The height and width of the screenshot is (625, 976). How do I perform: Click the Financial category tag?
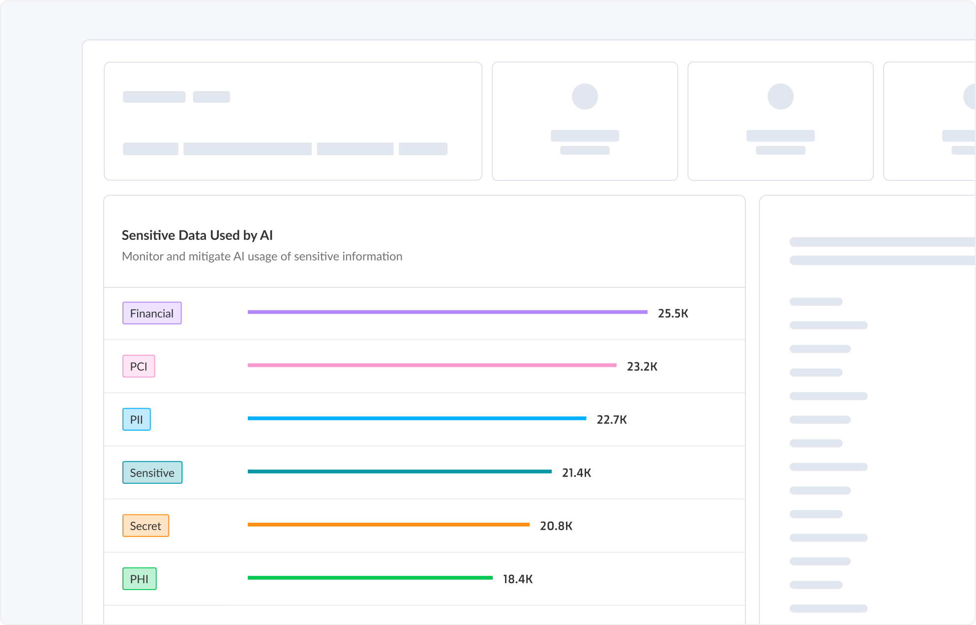click(152, 313)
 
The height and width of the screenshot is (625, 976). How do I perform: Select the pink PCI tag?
click(139, 366)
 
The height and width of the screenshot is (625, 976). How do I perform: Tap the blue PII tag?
click(136, 419)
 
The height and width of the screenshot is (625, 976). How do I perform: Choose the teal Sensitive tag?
click(152, 473)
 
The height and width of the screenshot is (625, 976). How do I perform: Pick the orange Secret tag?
click(146, 526)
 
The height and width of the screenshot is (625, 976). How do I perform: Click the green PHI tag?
click(139, 579)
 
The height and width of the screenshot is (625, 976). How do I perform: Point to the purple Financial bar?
click(447, 312)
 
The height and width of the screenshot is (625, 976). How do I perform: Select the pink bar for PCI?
click(432, 365)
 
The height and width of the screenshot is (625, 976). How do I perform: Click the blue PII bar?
click(417, 418)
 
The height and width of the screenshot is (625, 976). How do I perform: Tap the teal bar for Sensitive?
click(399, 472)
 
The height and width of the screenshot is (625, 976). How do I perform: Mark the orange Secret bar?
click(388, 525)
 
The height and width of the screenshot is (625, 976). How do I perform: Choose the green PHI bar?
click(370, 578)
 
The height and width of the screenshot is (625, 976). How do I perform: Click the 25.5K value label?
click(673, 314)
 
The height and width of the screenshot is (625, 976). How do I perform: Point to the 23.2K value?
click(642, 367)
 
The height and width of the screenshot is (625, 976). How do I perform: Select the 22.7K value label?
click(611, 420)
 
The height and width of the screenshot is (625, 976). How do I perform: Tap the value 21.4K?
click(576, 473)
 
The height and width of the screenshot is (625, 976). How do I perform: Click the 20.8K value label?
click(556, 526)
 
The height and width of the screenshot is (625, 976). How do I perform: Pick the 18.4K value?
click(517, 579)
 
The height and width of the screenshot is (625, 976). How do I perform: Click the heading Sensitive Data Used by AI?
click(197, 236)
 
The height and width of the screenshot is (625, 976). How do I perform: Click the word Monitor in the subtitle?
click(143, 257)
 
